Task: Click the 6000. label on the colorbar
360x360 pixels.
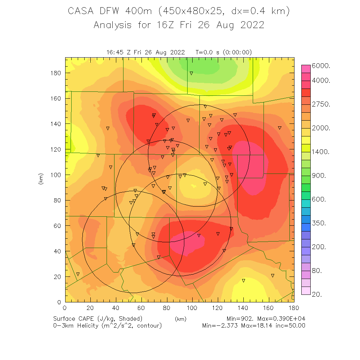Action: [324, 66]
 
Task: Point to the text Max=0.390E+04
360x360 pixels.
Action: [284, 319]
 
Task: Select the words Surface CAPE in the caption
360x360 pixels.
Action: [75, 319]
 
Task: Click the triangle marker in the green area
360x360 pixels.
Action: [192, 73]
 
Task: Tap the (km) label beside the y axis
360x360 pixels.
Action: [41, 180]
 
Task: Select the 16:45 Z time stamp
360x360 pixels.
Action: [118, 52]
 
